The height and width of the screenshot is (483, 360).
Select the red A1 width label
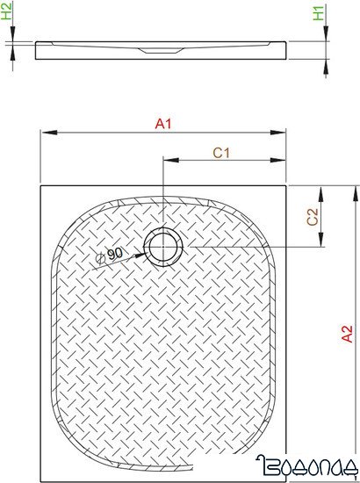tap(162, 124)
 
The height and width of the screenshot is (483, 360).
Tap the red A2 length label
tap(347, 333)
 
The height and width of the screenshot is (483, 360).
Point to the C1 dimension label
tap(222, 152)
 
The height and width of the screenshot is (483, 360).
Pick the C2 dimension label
tap(312, 217)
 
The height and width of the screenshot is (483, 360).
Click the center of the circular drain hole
tap(162, 248)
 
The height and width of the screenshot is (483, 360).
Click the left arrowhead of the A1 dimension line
tap(45, 133)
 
